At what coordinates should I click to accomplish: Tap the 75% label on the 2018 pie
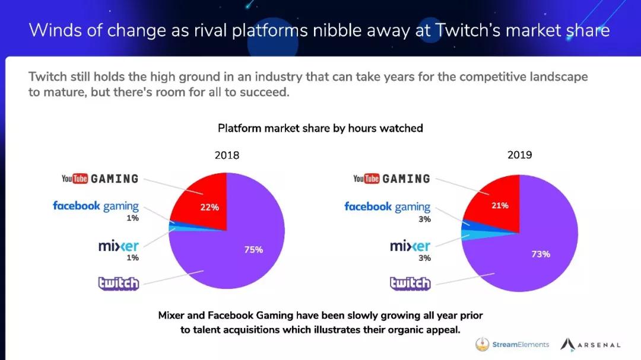click(x=253, y=250)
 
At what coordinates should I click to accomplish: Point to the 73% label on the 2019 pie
click(x=540, y=254)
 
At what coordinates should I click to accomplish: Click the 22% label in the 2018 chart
click(x=210, y=208)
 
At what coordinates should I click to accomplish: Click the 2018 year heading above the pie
click(x=227, y=155)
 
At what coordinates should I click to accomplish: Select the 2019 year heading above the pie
click(x=519, y=155)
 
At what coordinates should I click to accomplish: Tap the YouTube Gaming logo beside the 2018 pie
click(x=100, y=179)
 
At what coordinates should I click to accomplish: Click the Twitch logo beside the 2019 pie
click(x=410, y=283)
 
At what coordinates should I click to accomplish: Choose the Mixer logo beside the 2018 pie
click(x=119, y=246)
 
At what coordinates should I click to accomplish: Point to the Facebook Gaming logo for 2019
click(x=387, y=207)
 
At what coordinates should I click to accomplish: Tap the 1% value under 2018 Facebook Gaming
click(x=132, y=218)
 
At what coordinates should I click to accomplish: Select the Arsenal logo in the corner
click(x=591, y=345)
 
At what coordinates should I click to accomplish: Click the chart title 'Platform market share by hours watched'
click(x=320, y=128)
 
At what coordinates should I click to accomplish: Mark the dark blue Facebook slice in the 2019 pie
click(x=467, y=224)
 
